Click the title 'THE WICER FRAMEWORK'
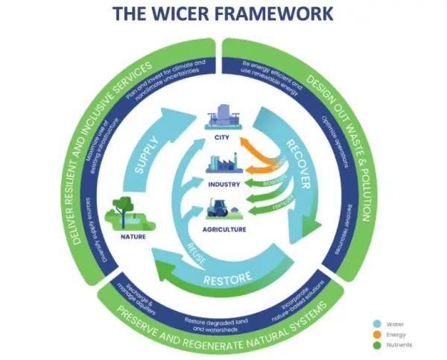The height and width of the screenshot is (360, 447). pyautogui.click(x=223, y=15)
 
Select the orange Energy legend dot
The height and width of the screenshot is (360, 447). pyautogui.click(x=375, y=335)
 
